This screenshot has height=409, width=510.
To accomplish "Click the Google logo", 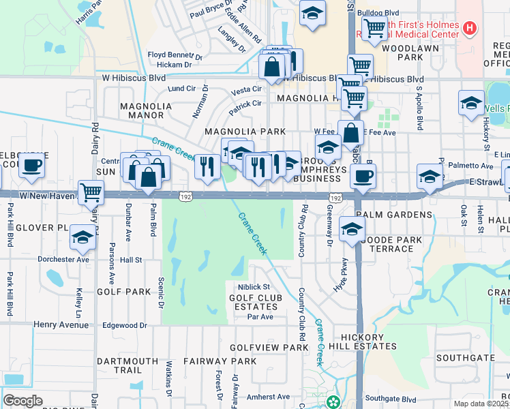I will pyautogui.click(x=22, y=401).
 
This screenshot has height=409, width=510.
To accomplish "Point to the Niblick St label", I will pyautogui.click(x=254, y=287).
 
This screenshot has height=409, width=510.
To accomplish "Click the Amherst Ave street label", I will pyautogui.click(x=269, y=397).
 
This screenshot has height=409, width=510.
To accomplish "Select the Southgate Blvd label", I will pyautogui.click(x=390, y=399).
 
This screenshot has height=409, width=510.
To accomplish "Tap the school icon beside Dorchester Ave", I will pyautogui.click(x=82, y=238).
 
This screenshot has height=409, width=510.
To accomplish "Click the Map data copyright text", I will pyautogui.click(x=480, y=404).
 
